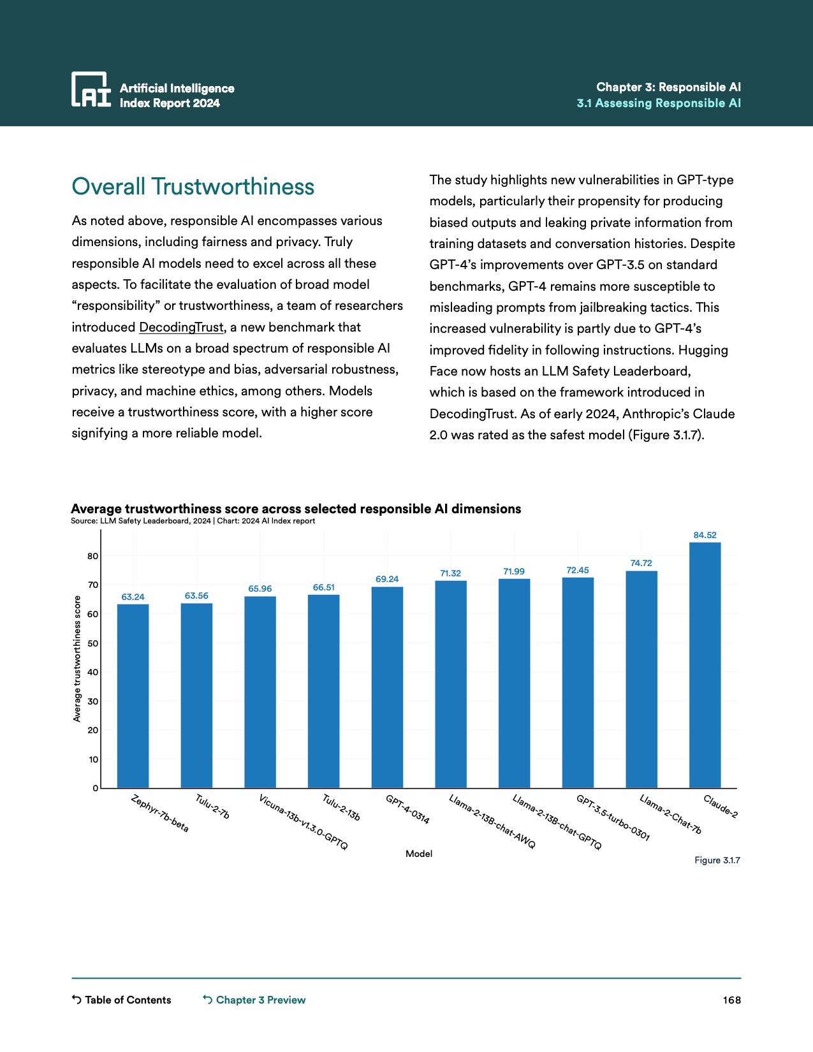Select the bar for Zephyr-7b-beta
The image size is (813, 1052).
(x=133, y=696)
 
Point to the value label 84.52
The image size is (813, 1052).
(x=705, y=535)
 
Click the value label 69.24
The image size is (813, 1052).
(x=387, y=579)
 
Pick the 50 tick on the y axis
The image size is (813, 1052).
(x=93, y=643)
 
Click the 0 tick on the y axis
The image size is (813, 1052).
(x=96, y=788)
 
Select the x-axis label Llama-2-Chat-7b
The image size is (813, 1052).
(x=670, y=814)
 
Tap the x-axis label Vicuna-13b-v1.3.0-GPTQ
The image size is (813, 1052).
(x=304, y=822)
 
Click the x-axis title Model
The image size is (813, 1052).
(x=419, y=854)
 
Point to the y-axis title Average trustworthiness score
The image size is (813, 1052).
(x=77, y=659)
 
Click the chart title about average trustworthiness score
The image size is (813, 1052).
(x=296, y=509)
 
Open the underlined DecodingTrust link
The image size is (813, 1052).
(x=182, y=327)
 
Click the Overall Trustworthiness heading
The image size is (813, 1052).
(x=193, y=187)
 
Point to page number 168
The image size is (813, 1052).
(x=731, y=1000)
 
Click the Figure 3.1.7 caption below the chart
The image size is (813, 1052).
(x=717, y=860)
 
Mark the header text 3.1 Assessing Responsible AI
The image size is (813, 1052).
(x=659, y=103)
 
